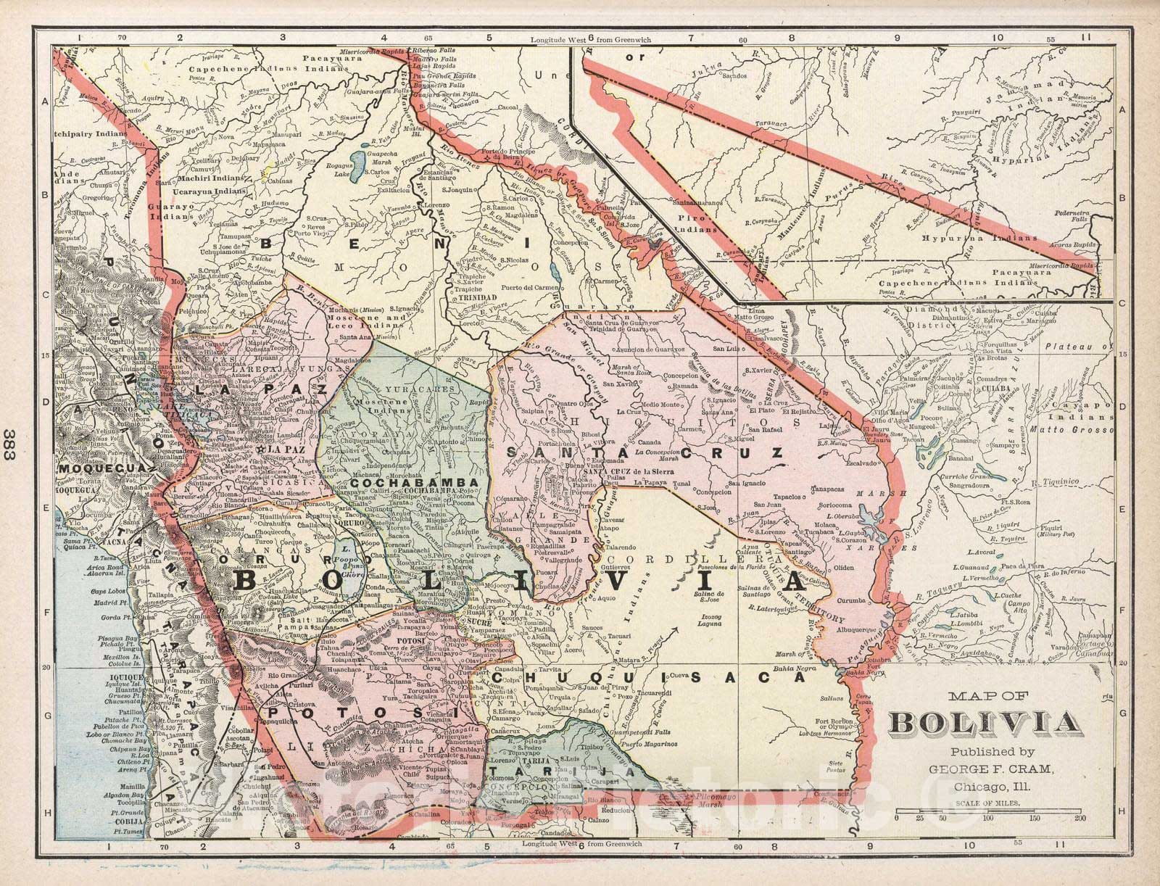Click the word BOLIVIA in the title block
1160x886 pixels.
[982, 723]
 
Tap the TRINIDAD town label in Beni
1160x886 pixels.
[474, 298]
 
